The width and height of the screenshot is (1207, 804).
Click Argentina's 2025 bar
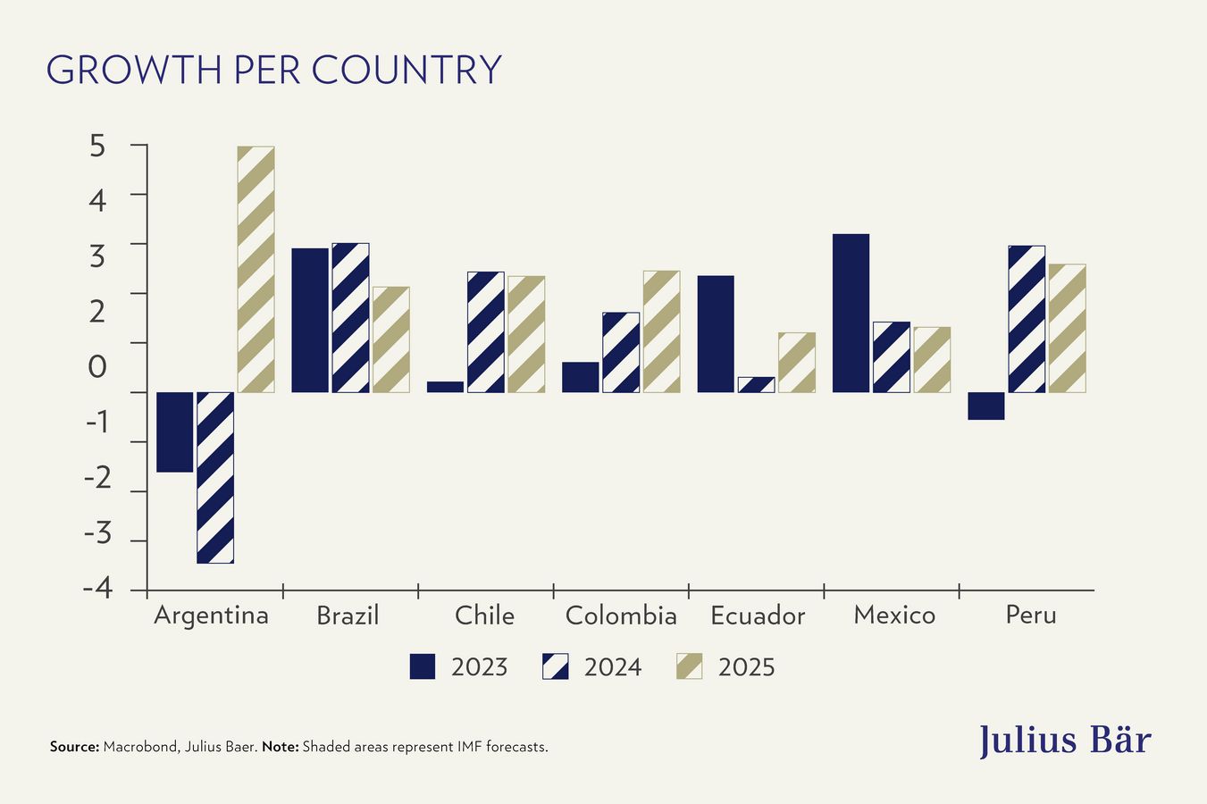pyautogui.click(x=256, y=269)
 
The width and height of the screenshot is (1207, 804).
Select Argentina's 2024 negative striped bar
pyautogui.click(x=215, y=477)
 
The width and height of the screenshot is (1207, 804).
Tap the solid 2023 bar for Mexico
pyautogui.click(x=851, y=313)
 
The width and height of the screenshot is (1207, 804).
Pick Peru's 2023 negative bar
pyautogui.click(x=986, y=406)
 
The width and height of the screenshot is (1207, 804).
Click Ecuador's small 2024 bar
pyautogui.click(x=756, y=385)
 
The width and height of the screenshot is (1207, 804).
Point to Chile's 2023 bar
pyautogui.click(x=445, y=387)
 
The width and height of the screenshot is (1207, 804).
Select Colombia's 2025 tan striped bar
pyautogui.click(x=661, y=331)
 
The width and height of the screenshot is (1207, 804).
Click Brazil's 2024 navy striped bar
pyautogui.click(x=350, y=317)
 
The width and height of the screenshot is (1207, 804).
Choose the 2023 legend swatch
pyautogui.click(x=423, y=666)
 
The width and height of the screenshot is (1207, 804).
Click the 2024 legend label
pyautogui.click(x=612, y=667)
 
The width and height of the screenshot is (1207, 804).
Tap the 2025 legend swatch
pyautogui.click(x=689, y=666)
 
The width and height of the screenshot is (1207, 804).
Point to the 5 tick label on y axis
pyautogui.click(x=97, y=146)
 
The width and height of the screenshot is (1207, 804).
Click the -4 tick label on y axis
pyautogui.click(x=96, y=590)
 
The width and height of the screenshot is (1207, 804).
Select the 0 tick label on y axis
pyautogui.click(x=97, y=366)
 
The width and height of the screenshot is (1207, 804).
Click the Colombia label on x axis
pyautogui.click(x=621, y=616)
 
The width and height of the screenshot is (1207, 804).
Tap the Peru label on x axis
pyautogui.click(x=1030, y=615)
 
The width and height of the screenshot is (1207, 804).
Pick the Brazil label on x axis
pyautogui.click(x=348, y=616)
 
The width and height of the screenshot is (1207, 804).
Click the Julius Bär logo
pyautogui.click(x=1064, y=741)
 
